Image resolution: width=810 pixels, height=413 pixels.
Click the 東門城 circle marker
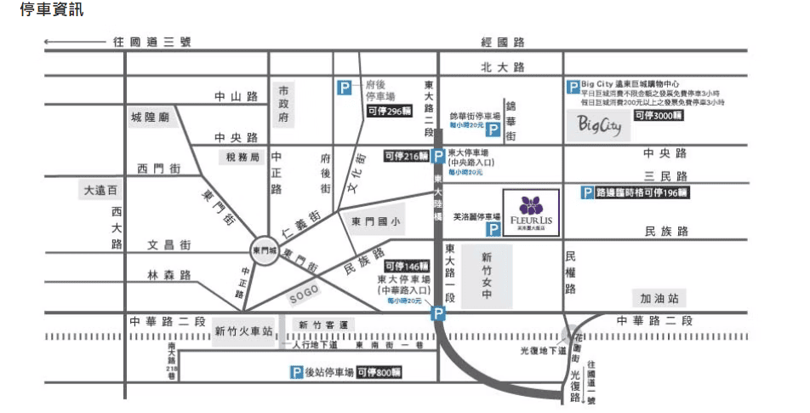pyautogui.click(x=265, y=250)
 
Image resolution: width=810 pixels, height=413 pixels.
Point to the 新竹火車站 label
pyautogui.click(x=243, y=331)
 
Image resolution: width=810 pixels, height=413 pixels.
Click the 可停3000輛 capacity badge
pyautogui.click(x=658, y=115)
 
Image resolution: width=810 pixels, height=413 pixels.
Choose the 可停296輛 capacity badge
pyautogui.click(x=388, y=111)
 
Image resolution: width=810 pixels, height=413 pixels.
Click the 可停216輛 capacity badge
pyautogui.click(x=407, y=156)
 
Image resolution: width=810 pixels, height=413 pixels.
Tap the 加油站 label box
pyautogui.click(x=661, y=297)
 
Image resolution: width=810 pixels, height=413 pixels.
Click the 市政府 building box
pyautogui.click(x=284, y=104)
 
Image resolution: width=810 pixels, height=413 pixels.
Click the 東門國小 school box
pyautogui.click(x=374, y=221)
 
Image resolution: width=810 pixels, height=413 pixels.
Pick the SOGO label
pyautogui.click(x=304, y=293)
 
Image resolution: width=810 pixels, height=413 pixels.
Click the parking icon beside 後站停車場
pyautogui.click(x=297, y=372)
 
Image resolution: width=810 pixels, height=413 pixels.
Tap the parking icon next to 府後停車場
pyautogui.click(x=344, y=87)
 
